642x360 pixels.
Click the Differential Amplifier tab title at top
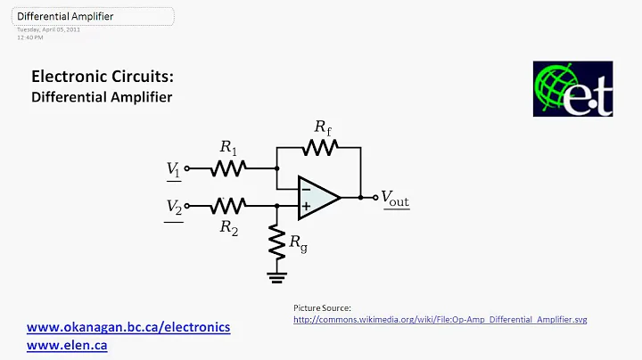pos(65,17)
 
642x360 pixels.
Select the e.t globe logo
pos(572,89)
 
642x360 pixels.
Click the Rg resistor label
pos(299,241)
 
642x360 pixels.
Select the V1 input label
pos(173,168)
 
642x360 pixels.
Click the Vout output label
pos(395,199)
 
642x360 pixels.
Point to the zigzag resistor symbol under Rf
pos(318,148)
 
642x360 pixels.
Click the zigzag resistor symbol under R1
pos(229,167)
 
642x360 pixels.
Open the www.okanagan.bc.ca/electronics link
pos(128,327)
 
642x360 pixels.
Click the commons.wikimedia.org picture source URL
pos(440,319)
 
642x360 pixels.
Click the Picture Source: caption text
pos(322,307)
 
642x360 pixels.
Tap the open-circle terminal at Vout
pos(375,197)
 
